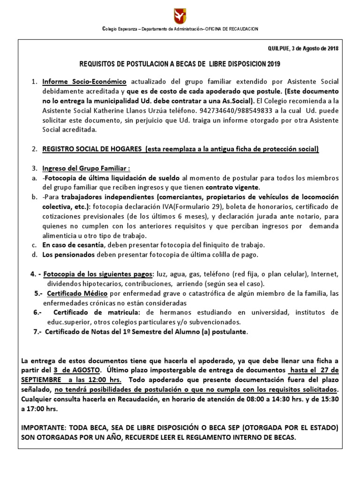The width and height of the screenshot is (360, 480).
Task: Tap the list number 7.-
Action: [x=38, y=332]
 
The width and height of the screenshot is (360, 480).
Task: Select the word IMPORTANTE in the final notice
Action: [x=44, y=428]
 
